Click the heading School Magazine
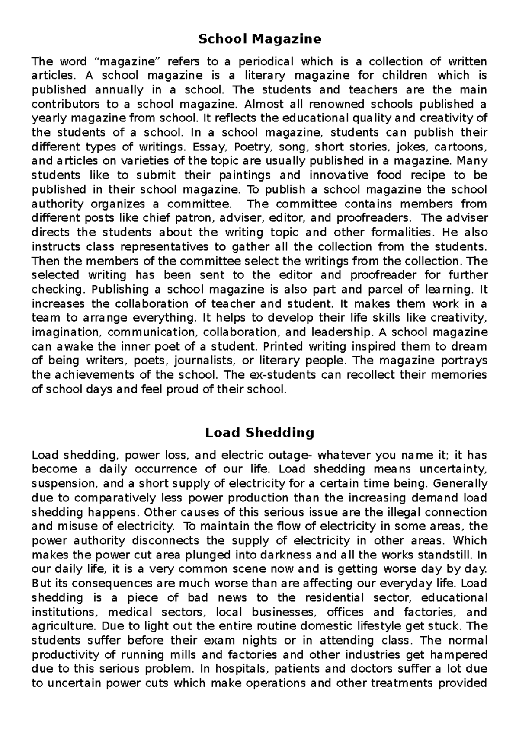pyautogui.click(x=259, y=39)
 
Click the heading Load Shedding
pyautogui.click(x=259, y=432)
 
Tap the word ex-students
pyautogui.click(x=277, y=375)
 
